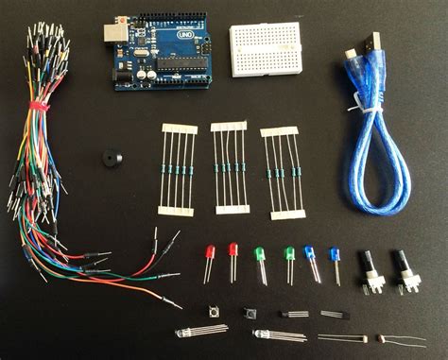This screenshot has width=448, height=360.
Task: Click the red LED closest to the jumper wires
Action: pos(209,255)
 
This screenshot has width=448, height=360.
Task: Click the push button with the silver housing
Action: pos(213,311)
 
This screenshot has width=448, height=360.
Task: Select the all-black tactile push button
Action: pos(250,312)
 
